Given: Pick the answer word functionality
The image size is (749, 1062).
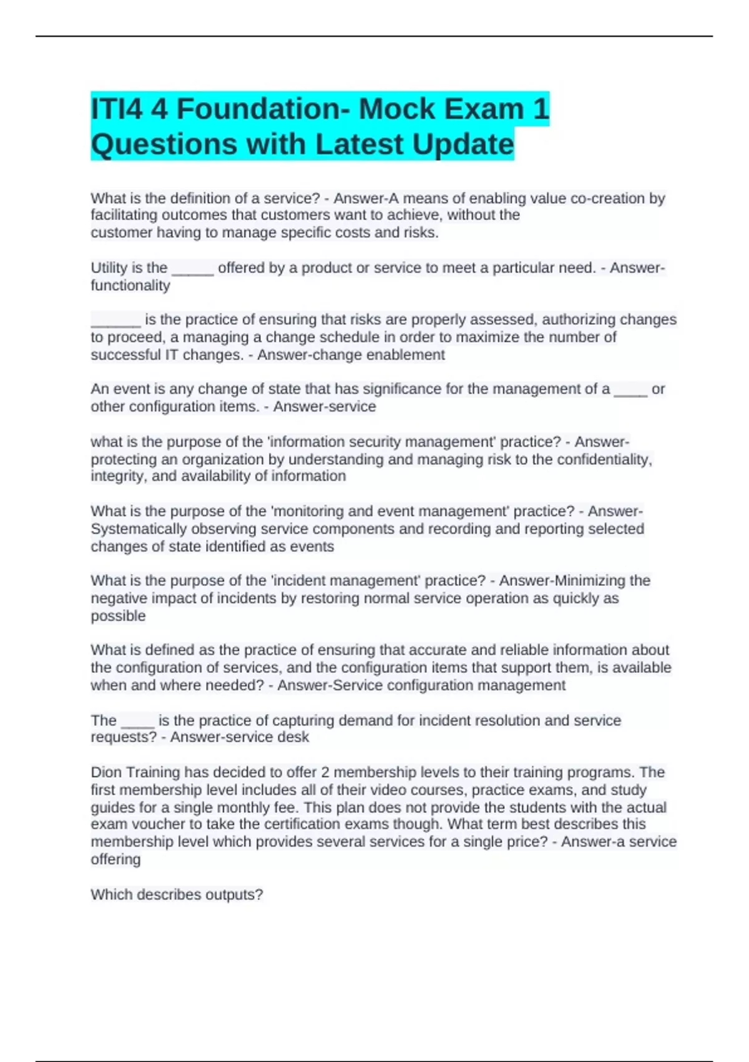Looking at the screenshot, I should [130, 285].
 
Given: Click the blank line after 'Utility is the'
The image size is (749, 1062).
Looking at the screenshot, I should [192, 270].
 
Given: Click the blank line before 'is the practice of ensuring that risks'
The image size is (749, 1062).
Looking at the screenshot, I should [115, 322].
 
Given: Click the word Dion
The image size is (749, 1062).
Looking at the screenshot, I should [106, 772].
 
